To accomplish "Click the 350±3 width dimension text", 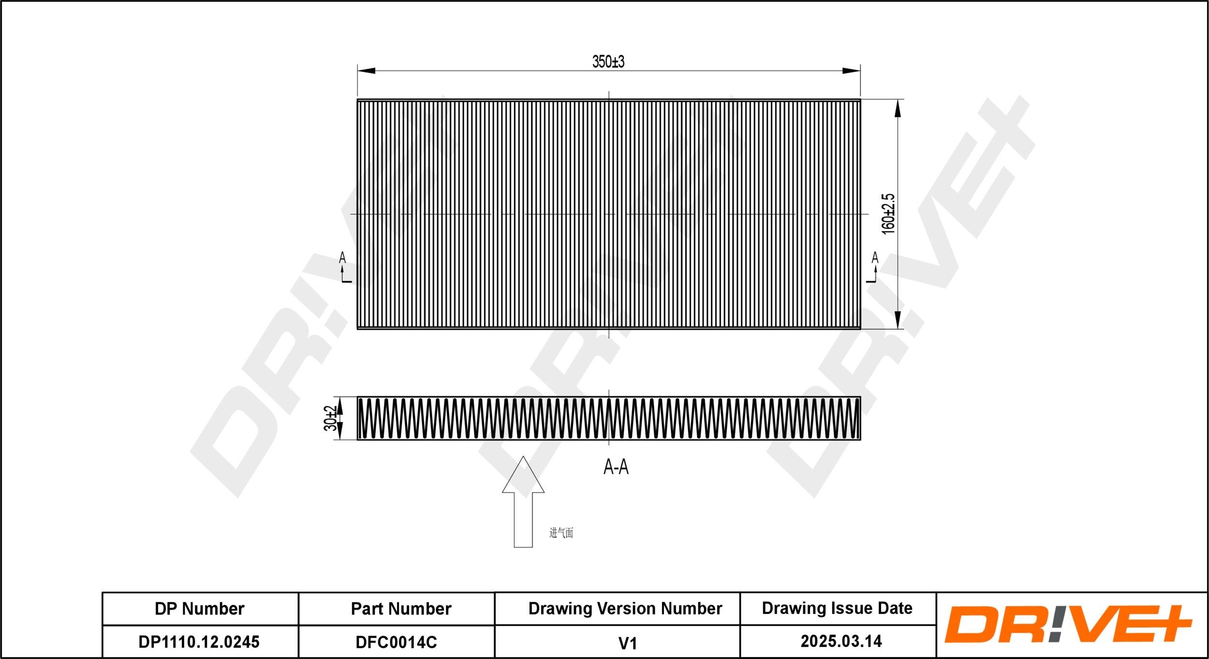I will tap(608, 62).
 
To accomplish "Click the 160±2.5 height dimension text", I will tap(888, 214).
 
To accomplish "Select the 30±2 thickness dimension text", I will tap(330, 419).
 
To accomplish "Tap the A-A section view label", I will tap(616, 467).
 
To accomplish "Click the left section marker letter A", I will tap(342, 258).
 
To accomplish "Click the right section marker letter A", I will tap(875, 258).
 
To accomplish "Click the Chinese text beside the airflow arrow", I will tap(561, 533).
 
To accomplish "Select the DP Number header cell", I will tap(199, 609).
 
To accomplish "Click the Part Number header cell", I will tap(401, 609).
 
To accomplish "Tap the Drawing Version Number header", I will tap(625, 608).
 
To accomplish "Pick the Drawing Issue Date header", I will tap(837, 608).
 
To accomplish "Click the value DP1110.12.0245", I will tap(199, 642).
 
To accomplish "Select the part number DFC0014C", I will tap(396, 642).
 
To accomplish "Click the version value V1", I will tap(627, 643).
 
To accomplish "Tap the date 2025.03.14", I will tap(841, 641).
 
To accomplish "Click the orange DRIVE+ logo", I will tap(1068, 624).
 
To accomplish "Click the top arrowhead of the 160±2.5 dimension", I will tap(898, 109).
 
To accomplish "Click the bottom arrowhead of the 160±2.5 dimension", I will tap(898, 320).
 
